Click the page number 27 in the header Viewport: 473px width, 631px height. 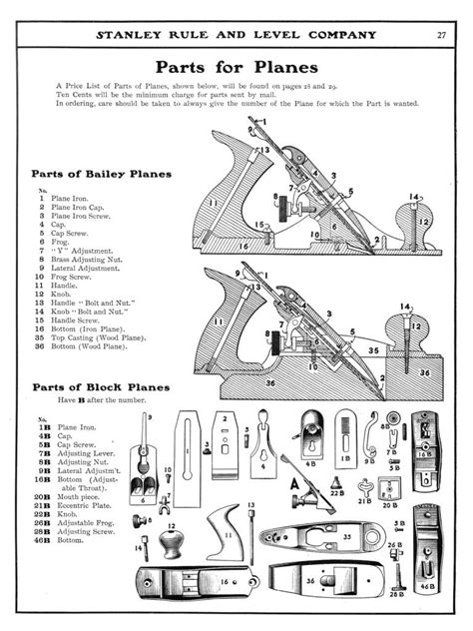pos(441,35)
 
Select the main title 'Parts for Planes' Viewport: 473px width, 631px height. pos(237,68)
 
